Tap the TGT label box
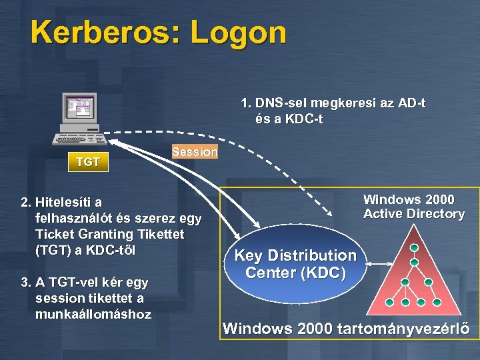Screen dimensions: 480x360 click(88, 162)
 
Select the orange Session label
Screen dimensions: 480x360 click(194, 152)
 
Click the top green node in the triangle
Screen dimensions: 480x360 click(414, 248)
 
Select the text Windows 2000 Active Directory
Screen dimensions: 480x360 click(413, 207)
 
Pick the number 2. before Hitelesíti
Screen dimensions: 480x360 click(26, 202)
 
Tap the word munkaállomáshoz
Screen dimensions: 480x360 click(93, 314)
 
